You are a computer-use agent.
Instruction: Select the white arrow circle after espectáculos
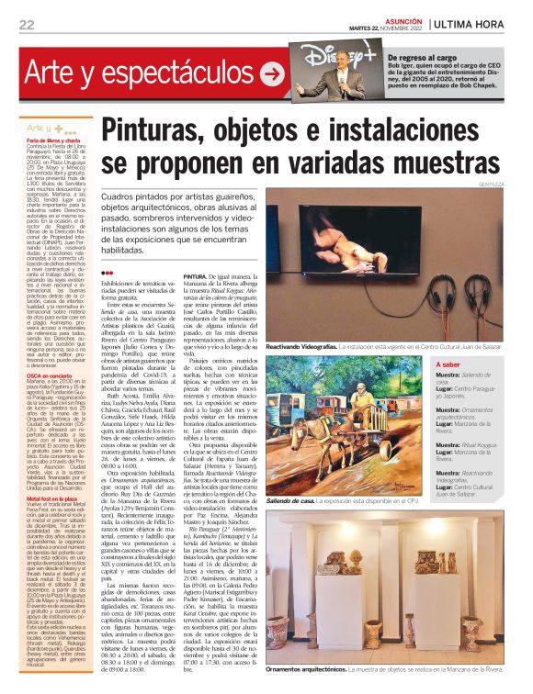[x=272, y=72]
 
